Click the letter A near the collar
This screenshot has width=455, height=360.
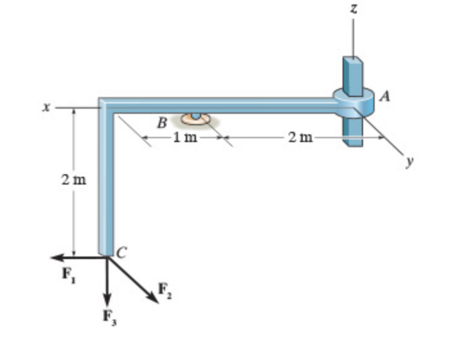[386, 96]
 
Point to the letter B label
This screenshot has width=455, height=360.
[163, 121]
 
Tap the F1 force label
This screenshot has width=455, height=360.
[67, 273]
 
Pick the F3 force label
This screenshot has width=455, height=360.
[108, 316]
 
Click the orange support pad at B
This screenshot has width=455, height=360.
[195, 119]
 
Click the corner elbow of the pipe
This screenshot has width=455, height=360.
[106, 105]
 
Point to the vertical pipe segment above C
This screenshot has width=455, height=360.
[106, 186]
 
